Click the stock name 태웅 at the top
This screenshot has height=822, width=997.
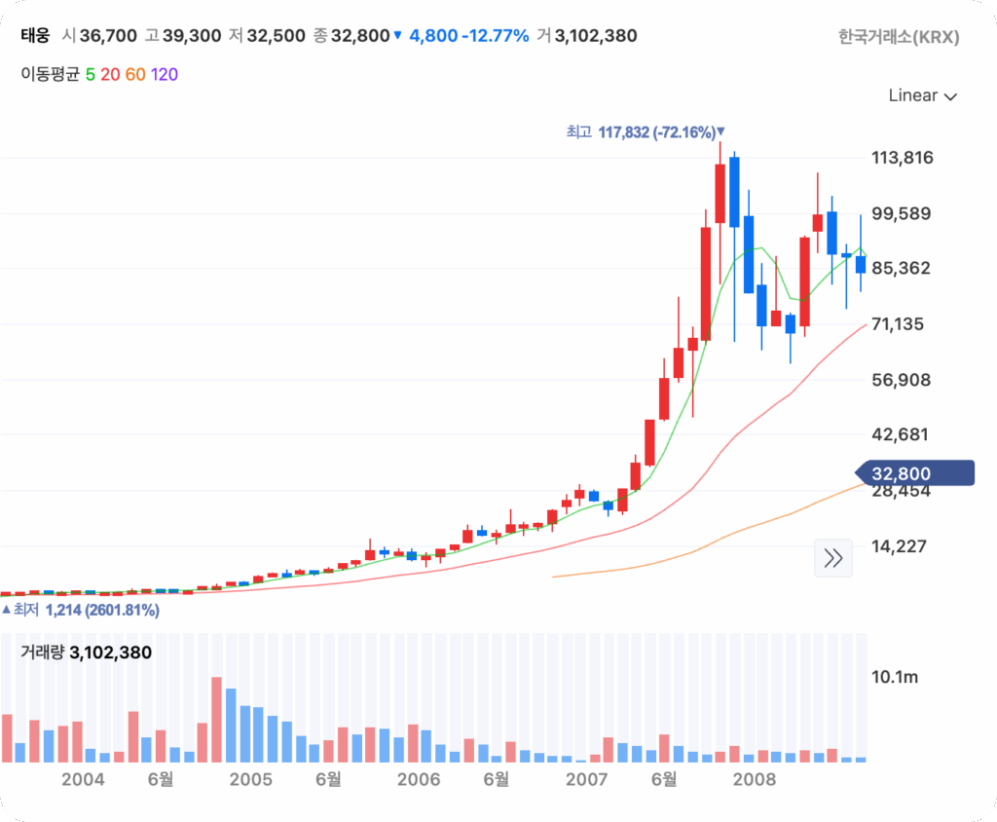[x=35, y=36]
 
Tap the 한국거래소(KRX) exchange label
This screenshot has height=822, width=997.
[x=899, y=37]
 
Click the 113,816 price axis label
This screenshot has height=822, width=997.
[x=901, y=158]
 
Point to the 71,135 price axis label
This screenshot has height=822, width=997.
[x=901, y=323]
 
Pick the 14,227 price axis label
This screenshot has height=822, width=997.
[x=901, y=546]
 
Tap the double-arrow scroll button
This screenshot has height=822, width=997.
[x=833, y=558]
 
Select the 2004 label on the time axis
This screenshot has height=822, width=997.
[x=82, y=779]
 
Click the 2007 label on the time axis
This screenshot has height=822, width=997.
[x=586, y=779]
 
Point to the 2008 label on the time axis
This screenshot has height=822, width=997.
[x=754, y=779]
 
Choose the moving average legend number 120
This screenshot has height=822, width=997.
[x=165, y=74]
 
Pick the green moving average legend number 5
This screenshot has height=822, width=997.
[x=91, y=74]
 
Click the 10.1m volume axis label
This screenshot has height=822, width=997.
[x=894, y=676]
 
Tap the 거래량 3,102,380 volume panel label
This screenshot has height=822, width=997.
[x=87, y=653]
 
